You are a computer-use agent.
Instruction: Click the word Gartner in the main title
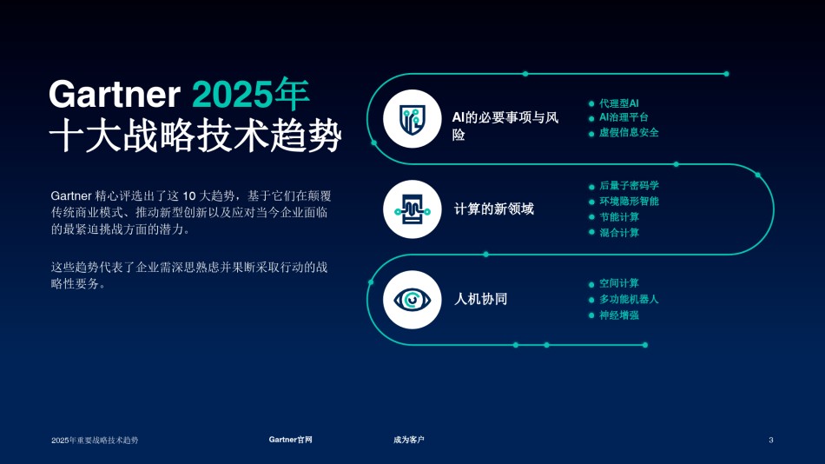[x=115, y=94]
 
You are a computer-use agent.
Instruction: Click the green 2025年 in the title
[x=250, y=94]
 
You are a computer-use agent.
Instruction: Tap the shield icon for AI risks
[x=412, y=118]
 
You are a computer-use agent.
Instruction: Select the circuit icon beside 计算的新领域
[x=412, y=209]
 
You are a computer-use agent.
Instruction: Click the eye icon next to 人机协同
[x=412, y=300]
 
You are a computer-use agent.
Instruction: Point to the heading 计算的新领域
[x=493, y=209]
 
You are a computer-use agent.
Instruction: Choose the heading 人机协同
[x=480, y=299]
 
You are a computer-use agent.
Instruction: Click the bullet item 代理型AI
[x=618, y=103]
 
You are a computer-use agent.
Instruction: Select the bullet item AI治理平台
[x=624, y=117]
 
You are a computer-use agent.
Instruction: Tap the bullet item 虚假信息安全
[x=629, y=132]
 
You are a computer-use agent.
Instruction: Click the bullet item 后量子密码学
[x=629, y=185]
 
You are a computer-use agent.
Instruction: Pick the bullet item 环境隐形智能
[x=629, y=202]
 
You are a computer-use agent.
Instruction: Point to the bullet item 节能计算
[x=618, y=217]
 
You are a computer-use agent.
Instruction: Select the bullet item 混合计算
[x=618, y=233]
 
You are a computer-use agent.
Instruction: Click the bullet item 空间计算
[x=618, y=283]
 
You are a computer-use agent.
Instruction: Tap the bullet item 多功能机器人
[x=629, y=299]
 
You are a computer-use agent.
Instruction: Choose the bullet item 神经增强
[x=618, y=315]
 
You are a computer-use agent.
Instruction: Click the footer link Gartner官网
[x=290, y=440]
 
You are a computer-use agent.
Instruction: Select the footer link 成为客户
[x=409, y=440]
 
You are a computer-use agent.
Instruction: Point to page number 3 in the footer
[x=771, y=440]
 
